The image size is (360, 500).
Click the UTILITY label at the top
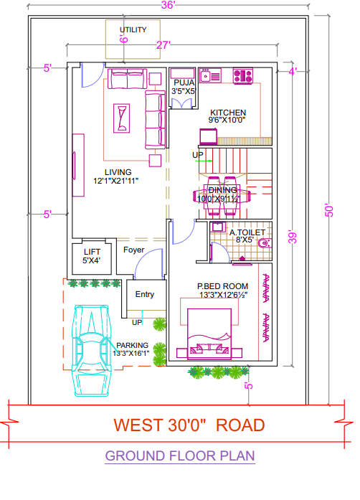pyautogui.click(x=133, y=29)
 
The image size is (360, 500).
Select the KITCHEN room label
pyautogui.click(x=228, y=113)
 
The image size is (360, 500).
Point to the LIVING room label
pyautogui.click(x=118, y=172)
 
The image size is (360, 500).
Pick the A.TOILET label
pyautogui.click(x=247, y=233)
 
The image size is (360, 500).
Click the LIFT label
pyautogui.click(x=92, y=252)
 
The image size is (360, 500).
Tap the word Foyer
pyautogui.click(x=133, y=250)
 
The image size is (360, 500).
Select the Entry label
pyautogui.click(x=145, y=294)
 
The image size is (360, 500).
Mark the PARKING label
pyautogui.click(x=133, y=344)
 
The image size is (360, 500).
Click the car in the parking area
pyautogui.click(x=94, y=352)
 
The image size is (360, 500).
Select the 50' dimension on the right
pyautogui.click(x=329, y=210)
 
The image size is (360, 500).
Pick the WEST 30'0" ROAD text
pyautogui.click(x=189, y=424)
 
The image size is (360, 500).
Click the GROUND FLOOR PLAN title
pyautogui.click(x=179, y=456)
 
